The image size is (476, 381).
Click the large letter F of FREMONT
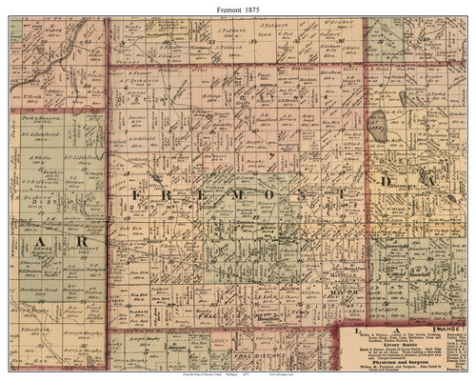[131, 194]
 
